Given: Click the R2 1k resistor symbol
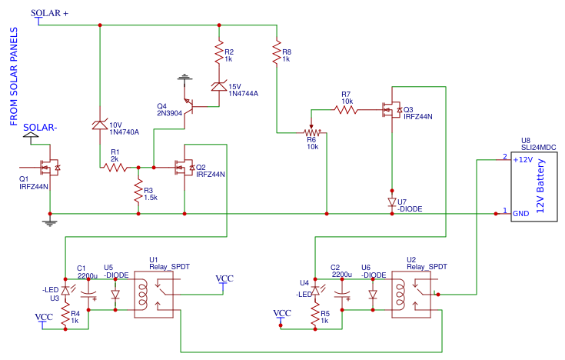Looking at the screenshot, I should (219, 54).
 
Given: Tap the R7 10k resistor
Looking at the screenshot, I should (345, 110).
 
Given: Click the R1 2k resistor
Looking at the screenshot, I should (115, 166).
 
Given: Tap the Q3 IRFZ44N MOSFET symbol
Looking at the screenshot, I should (390, 111).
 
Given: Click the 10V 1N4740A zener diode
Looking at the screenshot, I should (100, 125).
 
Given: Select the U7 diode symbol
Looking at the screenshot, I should (391, 202).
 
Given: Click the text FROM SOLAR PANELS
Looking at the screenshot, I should (14, 75).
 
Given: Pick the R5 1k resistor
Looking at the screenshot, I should (315, 315).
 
